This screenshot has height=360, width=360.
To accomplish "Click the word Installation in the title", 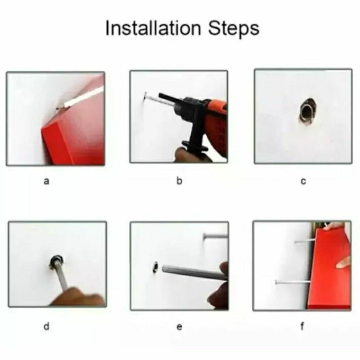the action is (x=153, y=28).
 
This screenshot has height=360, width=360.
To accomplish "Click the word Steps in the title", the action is (x=234, y=29).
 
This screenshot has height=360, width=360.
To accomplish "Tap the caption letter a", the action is (x=46, y=181).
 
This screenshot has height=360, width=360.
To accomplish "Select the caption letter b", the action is (x=179, y=180).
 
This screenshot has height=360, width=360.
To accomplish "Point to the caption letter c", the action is (x=303, y=181).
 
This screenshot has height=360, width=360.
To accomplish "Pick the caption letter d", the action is (x=46, y=326).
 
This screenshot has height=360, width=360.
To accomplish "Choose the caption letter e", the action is (x=180, y=327).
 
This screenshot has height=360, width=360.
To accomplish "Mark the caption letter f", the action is (x=302, y=326).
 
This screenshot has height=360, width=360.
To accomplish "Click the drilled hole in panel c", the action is (x=307, y=111).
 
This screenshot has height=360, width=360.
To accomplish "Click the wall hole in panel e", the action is (x=156, y=267).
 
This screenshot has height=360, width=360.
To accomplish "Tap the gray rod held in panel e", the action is (x=194, y=272).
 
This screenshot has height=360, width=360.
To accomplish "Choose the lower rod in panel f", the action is (x=293, y=282).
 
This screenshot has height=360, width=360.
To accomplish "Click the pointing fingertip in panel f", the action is (x=339, y=265).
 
